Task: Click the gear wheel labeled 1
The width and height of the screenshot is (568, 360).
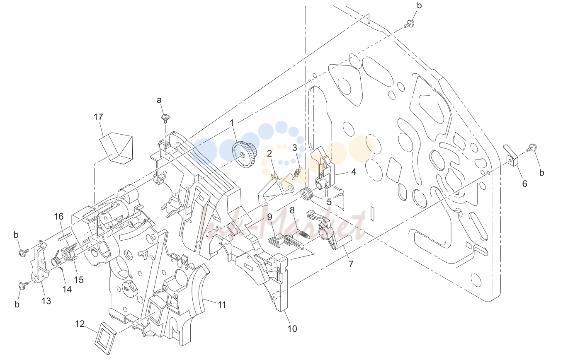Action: point(245,155)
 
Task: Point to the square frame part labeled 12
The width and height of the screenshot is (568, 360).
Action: point(105,338)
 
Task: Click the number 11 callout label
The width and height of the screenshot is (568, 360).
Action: point(222,304)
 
